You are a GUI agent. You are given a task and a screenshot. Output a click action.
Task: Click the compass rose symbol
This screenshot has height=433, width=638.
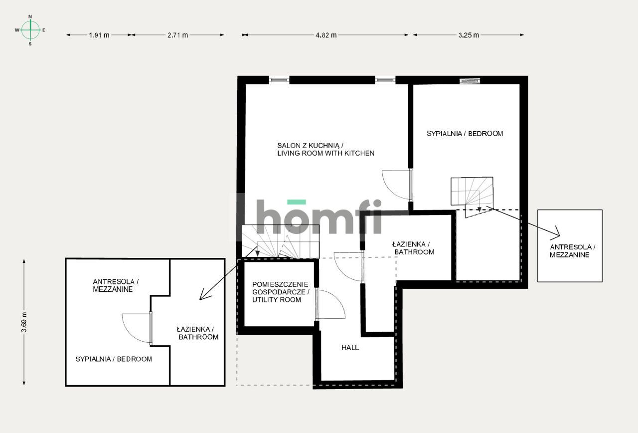(x=30, y=30)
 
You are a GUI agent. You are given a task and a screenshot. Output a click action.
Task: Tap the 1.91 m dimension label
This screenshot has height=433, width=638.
(x=99, y=35)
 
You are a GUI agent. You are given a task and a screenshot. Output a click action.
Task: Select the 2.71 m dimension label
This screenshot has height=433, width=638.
(x=178, y=35)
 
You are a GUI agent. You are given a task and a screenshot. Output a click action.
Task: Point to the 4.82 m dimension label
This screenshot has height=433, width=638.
(x=325, y=35)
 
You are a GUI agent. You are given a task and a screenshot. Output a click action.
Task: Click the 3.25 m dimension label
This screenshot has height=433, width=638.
(x=468, y=35)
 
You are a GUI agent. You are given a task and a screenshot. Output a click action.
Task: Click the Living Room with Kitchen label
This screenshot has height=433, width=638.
(x=325, y=149)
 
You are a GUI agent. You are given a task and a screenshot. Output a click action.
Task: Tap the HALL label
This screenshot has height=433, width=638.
(x=350, y=348)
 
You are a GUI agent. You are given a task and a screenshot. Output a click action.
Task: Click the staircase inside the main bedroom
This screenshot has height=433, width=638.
(x=472, y=192)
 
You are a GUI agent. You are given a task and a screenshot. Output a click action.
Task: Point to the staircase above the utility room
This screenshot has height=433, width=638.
(x=280, y=241)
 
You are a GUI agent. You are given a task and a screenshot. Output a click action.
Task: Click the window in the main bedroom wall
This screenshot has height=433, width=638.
(x=470, y=80)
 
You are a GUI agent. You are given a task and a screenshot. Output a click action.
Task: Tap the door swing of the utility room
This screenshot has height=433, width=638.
(x=330, y=304)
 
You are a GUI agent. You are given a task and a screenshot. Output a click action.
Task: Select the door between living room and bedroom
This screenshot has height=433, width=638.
(x=396, y=185)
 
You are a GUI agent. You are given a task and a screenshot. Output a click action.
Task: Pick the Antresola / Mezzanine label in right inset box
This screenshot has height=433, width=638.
(x=570, y=251)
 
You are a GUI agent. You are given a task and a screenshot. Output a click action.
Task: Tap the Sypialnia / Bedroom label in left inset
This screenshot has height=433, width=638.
(x=114, y=359)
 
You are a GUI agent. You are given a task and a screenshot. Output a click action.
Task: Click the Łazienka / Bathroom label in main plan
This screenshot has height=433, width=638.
(x=413, y=248)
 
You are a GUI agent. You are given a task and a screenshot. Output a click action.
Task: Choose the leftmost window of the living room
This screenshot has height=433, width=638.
(x=279, y=80)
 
